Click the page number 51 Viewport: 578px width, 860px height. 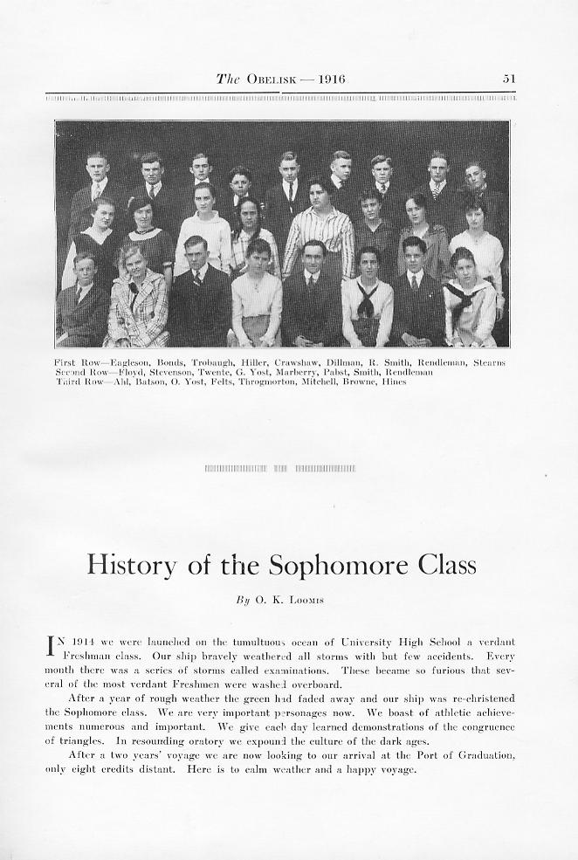[x=508, y=79]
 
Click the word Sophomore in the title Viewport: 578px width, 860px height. [x=323, y=565]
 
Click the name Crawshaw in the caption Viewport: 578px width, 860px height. [x=297, y=361]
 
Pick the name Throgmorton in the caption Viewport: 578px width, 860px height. [x=268, y=382]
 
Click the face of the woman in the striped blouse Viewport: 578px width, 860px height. [x=320, y=191]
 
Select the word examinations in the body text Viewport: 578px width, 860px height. [x=294, y=670]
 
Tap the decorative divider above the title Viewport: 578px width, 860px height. [x=280, y=469]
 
